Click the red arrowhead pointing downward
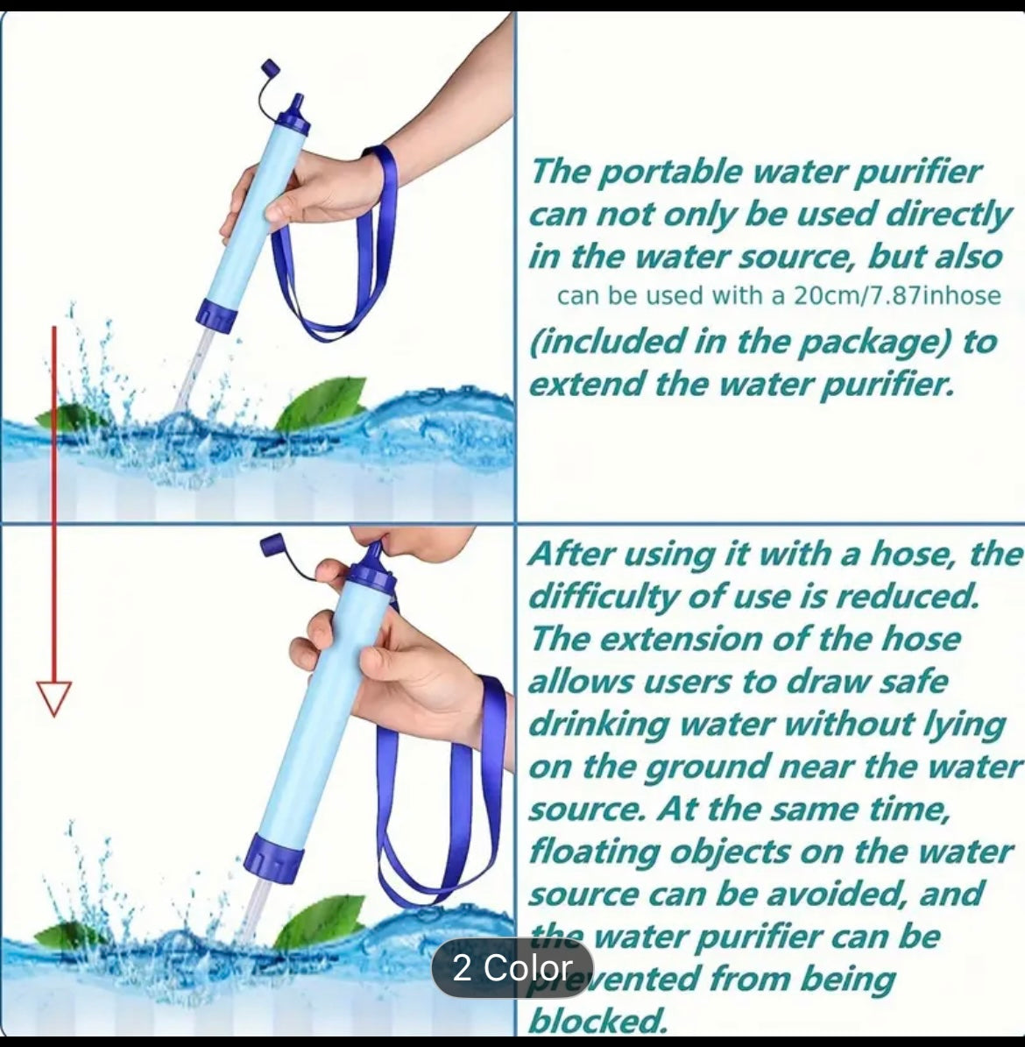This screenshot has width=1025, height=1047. click(54, 697)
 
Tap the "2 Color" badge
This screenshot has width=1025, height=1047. click(512, 968)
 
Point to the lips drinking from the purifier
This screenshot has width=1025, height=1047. click(392, 548)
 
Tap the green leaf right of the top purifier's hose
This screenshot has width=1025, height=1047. click(322, 402)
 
